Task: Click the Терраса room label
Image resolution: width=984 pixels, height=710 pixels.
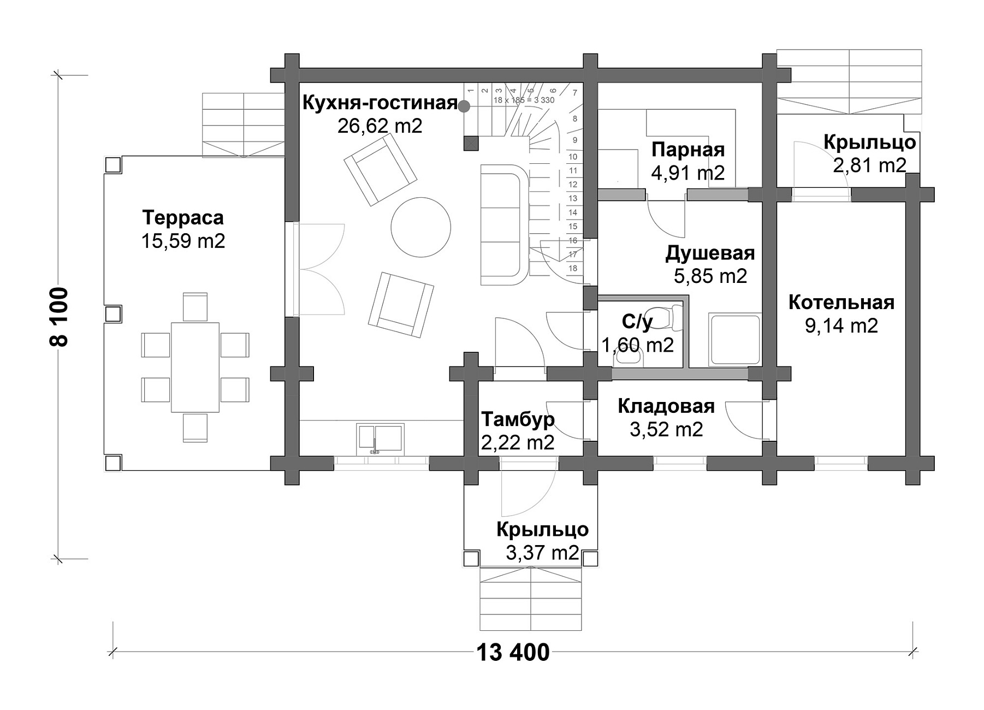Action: point(183,217)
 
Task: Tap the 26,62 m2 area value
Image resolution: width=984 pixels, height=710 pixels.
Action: point(380,126)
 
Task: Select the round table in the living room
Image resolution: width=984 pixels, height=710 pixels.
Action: point(421,227)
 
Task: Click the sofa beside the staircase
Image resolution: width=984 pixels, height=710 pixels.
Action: point(505,224)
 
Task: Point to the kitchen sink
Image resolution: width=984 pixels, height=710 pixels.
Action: point(380,440)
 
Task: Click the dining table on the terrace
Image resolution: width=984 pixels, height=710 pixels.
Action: point(195,367)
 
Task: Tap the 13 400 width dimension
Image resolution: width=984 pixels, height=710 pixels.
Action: point(513,652)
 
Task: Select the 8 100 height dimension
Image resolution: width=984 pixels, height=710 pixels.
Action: point(59,317)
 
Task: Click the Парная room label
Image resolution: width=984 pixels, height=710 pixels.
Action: point(688,150)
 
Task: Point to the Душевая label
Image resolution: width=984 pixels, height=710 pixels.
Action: point(710,253)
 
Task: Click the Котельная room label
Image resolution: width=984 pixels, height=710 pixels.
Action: point(841,302)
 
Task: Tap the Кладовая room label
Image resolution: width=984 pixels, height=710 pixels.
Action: point(666,406)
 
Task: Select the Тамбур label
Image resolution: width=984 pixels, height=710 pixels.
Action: point(518,419)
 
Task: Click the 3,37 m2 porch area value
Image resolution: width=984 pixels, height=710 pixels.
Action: point(542,553)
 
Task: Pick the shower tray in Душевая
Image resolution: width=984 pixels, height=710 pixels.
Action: point(734,340)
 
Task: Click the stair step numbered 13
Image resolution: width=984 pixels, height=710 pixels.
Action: point(573,199)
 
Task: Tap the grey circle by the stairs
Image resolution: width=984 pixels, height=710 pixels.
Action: point(464,106)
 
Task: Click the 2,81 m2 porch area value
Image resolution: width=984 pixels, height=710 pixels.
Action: point(869,164)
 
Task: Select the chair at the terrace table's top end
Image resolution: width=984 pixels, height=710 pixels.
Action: point(195,307)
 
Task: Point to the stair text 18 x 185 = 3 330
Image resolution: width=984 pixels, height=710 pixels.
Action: point(524,100)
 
